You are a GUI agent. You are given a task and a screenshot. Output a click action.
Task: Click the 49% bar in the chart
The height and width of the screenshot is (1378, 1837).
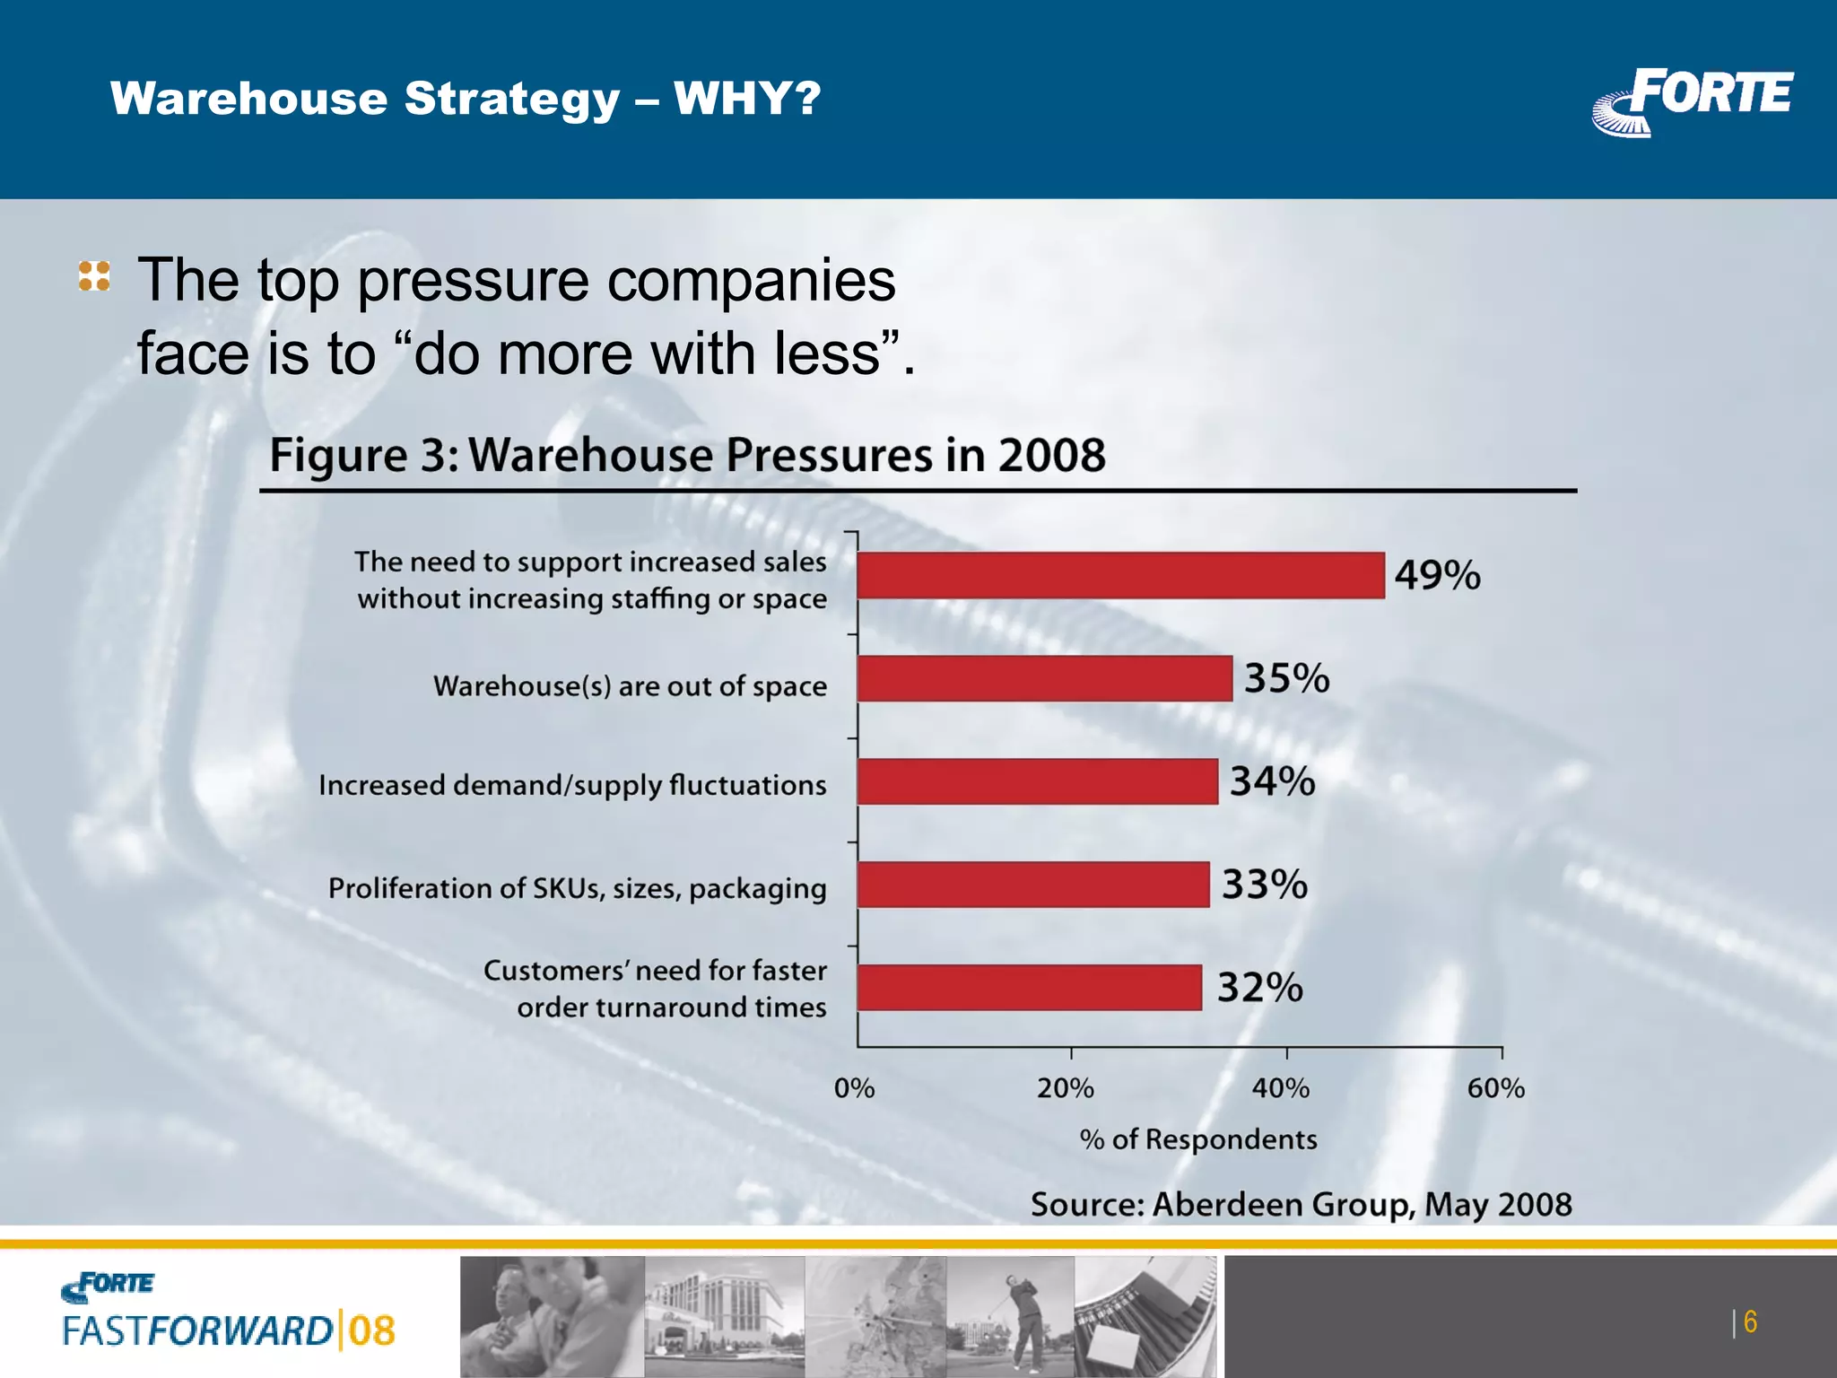click(x=1119, y=575)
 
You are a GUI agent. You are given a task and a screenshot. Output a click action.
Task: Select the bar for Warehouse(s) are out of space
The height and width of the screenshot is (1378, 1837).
click(x=1044, y=678)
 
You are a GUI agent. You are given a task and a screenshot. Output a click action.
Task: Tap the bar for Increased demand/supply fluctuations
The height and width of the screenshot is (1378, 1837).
click(x=1037, y=781)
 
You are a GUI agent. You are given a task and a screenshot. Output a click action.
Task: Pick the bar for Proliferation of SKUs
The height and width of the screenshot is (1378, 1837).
click(x=1032, y=885)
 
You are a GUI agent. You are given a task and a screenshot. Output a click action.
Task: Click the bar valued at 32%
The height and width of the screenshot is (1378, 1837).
click(x=1029, y=988)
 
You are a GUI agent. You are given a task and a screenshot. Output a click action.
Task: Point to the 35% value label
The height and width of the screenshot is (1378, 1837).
click(x=1286, y=678)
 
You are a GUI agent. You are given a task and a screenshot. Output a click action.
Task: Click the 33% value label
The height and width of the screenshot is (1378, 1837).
click(x=1264, y=885)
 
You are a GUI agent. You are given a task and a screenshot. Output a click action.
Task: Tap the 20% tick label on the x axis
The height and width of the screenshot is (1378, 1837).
click(x=1066, y=1088)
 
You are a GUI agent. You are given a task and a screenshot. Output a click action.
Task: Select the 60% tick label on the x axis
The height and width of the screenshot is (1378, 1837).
click(x=1496, y=1088)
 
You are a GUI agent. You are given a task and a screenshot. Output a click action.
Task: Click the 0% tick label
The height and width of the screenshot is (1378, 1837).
click(x=854, y=1088)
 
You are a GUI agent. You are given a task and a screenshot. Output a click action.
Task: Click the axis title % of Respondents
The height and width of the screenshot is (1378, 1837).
click(x=1198, y=1139)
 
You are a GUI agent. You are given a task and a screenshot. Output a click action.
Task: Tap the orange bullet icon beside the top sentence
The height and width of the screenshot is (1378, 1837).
click(x=94, y=275)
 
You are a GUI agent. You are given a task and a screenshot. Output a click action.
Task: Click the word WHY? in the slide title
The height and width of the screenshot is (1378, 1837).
click(x=747, y=98)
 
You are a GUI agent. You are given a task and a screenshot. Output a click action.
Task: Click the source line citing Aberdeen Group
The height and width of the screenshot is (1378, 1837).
click(x=1301, y=1204)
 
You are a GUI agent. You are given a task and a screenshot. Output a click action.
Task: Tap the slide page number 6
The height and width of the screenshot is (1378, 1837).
click(x=1749, y=1322)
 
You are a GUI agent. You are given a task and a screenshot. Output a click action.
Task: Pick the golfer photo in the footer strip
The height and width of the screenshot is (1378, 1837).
click(x=1010, y=1315)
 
